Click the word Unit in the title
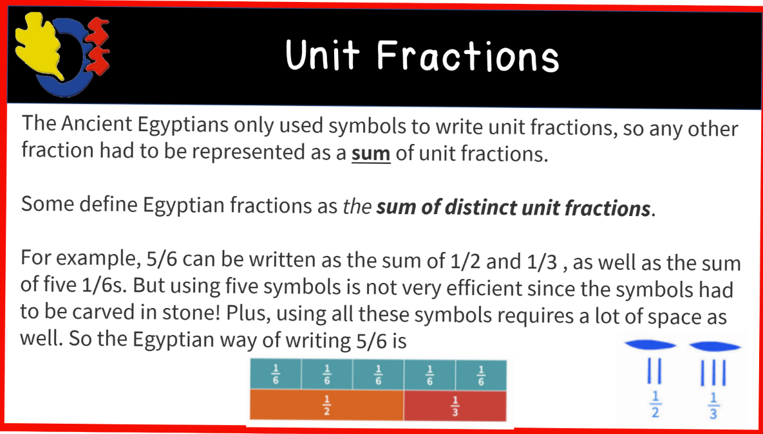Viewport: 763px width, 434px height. (x=322, y=55)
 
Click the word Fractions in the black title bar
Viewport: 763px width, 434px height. (x=468, y=56)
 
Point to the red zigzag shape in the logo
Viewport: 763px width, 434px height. (x=97, y=45)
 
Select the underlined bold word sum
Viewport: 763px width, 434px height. (x=371, y=154)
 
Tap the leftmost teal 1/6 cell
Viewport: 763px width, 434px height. (x=275, y=374)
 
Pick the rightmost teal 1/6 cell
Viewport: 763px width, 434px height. (x=480, y=374)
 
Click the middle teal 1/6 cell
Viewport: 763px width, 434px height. (x=378, y=374)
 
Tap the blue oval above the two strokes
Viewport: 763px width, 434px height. (x=652, y=345)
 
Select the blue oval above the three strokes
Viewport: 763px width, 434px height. (x=713, y=345)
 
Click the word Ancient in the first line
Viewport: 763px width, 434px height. (x=96, y=123)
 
